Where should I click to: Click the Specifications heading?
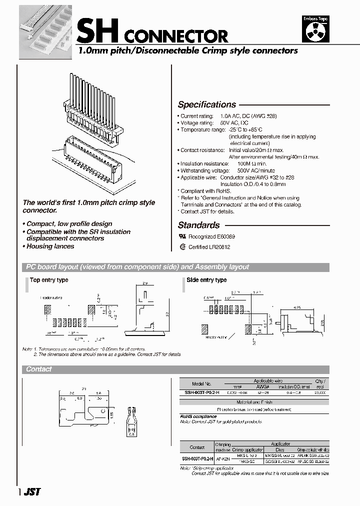[x=206, y=104]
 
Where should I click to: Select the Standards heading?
[x=198, y=225]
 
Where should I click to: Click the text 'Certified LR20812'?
[x=209, y=247]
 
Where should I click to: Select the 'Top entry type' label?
[x=49, y=280]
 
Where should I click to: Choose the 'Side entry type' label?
[x=206, y=280]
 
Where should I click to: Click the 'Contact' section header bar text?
[x=39, y=369]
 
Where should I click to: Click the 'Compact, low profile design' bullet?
[x=69, y=223]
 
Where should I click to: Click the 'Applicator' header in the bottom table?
[x=280, y=443]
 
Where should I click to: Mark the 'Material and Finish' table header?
[x=254, y=402]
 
